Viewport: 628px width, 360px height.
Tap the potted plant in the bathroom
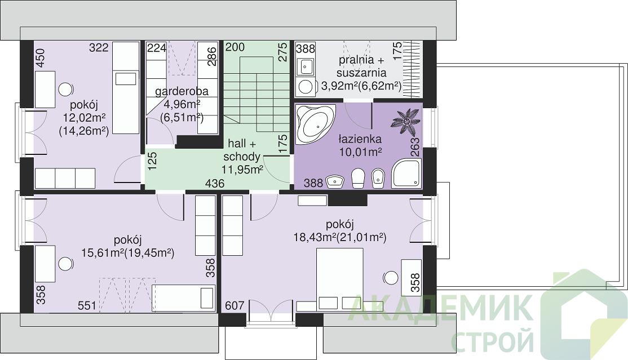(x=406, y=121)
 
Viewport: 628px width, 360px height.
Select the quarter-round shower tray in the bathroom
(x=406, y=173)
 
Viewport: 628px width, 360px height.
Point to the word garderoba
(x=182, y=91)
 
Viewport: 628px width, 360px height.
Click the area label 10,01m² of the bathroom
(x=360, y=153)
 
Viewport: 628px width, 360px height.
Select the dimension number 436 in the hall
(x=215, y=184)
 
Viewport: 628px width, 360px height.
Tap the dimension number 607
(x=235, y=305)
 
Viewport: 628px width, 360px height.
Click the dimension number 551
(x=87, y=305)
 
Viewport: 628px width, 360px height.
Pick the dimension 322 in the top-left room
(x=99, y=48)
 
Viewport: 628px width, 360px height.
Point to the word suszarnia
(x=361, y=73)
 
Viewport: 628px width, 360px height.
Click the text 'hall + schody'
(x=242, y=150)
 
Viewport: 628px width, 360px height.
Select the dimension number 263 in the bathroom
(x=415, y=147)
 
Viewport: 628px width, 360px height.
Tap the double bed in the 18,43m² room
(x=340, y=279)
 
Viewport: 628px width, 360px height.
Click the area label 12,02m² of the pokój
(x=84, y=118)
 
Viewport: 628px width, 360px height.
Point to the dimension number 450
(x=41, y=58)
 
